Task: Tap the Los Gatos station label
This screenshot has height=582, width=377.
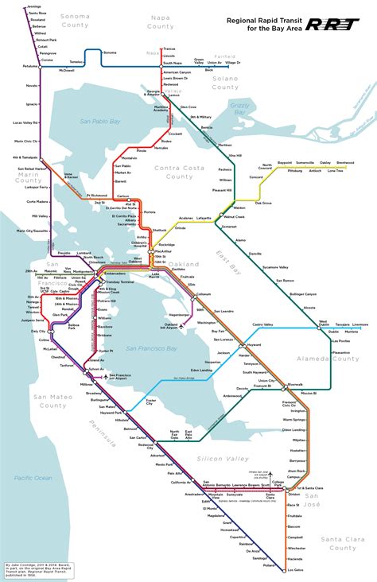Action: tap(297, 570)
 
